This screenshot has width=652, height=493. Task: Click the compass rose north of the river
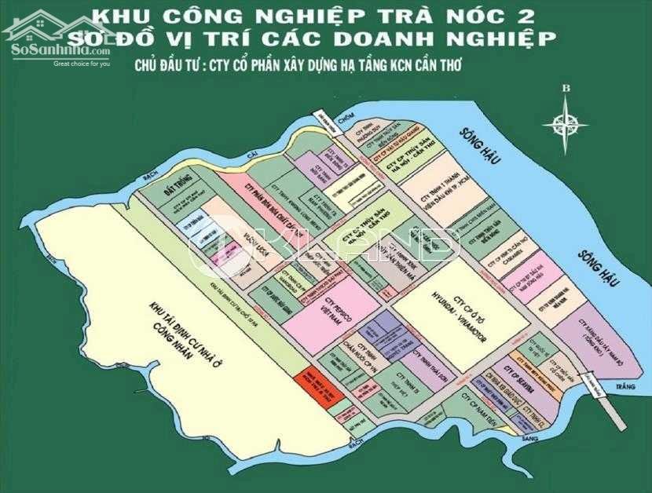click(570, 121)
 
